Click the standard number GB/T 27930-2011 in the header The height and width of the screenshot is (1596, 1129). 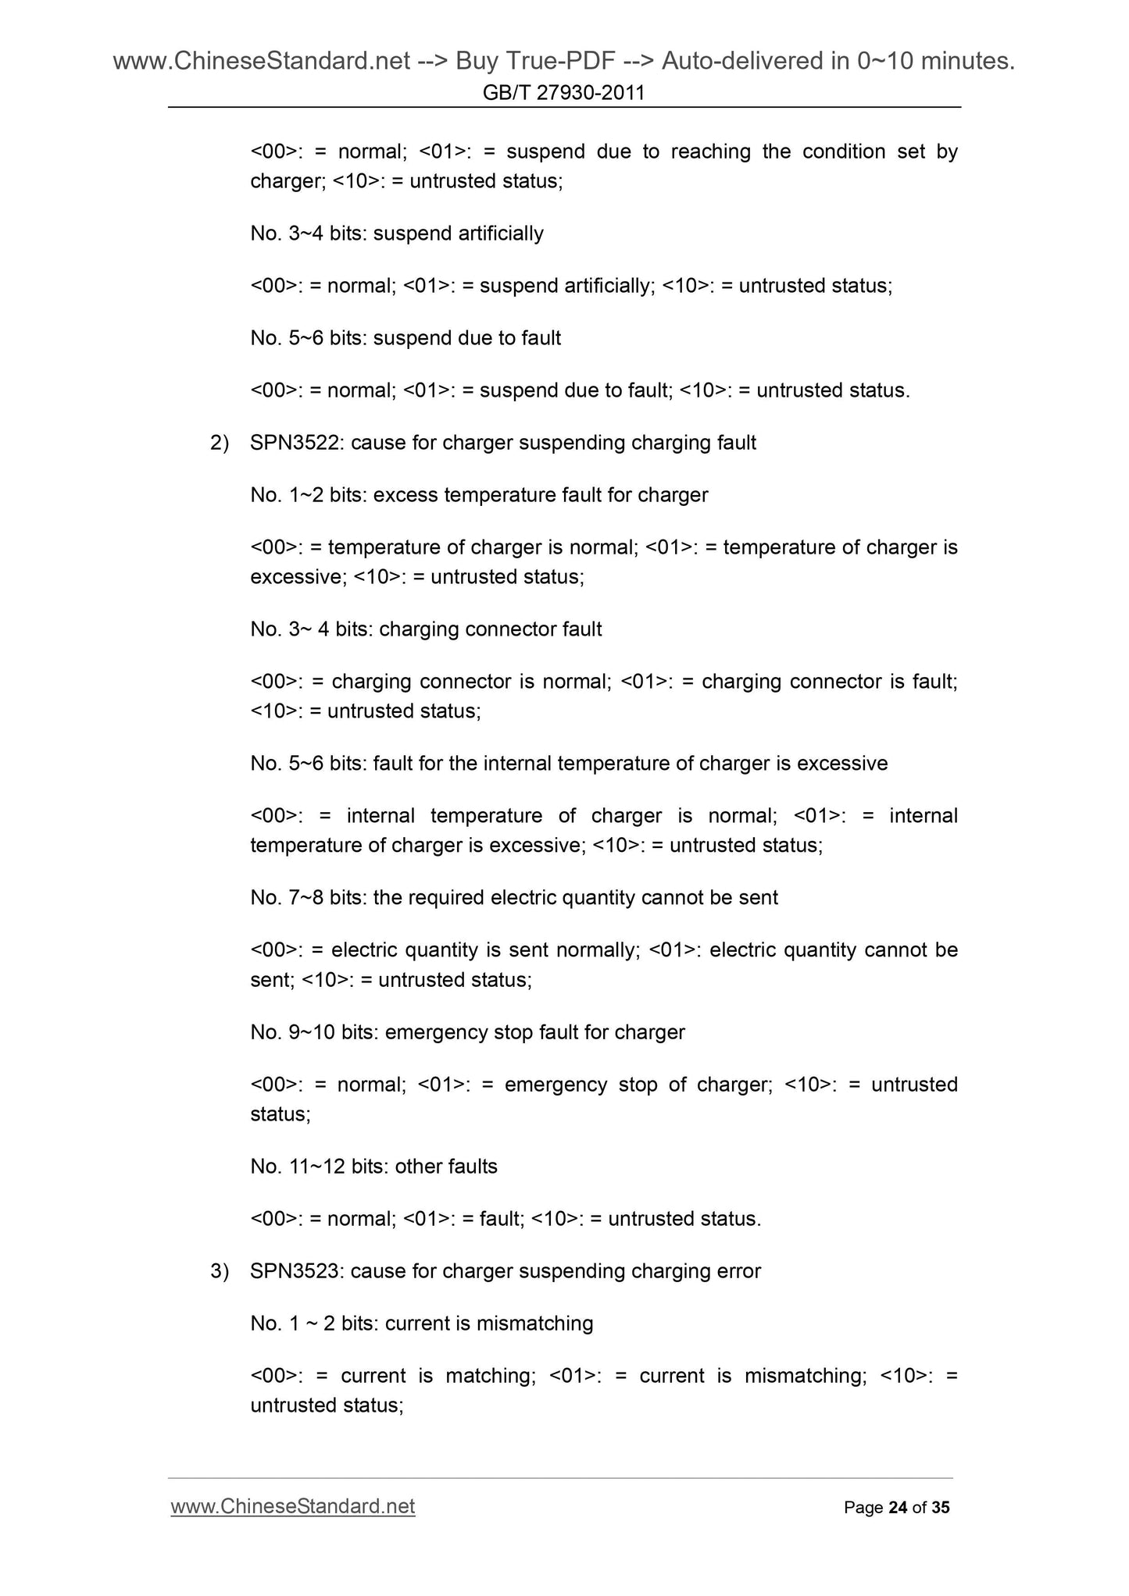[x=563, y=93]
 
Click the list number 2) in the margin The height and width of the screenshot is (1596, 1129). [x=220, y=443]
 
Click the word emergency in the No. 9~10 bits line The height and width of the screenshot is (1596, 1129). [x=434, y=1032]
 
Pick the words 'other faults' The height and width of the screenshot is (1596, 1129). [x=446, y=1167]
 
